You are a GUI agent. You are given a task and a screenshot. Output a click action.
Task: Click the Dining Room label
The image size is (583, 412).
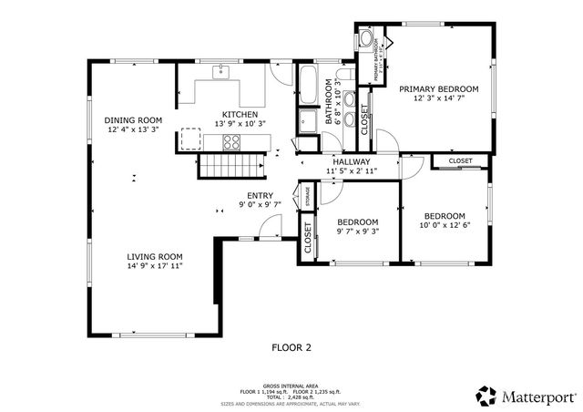[133, 120]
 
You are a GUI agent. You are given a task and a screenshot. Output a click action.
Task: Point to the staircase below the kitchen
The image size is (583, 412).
[231, 165]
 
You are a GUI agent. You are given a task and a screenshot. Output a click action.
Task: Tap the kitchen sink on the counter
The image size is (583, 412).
[222, 71]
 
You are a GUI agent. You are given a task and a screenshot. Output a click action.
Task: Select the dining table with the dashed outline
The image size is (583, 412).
[190, 139]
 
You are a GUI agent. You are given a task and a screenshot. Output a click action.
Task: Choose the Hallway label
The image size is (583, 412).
[350, 161]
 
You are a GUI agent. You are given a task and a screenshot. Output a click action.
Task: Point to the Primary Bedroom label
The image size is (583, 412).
[438, 88]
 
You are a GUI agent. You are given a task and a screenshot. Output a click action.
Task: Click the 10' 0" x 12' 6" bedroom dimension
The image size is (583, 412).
[445, 226]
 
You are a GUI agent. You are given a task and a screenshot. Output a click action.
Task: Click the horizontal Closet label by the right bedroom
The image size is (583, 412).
[460, 161]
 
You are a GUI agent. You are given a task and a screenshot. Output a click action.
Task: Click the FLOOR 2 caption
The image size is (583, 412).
[291, 347]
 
